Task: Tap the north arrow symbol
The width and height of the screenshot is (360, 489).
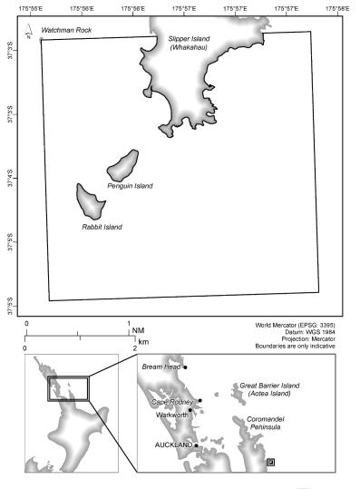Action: (x=28, y=36)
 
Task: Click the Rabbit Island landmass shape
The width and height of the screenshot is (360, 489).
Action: (x=90, y=199)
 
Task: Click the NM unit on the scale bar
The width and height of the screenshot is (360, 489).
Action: (x=139, y=332)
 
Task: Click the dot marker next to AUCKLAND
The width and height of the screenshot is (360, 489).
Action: (x=197, y=445)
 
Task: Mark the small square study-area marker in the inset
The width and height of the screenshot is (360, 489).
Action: (x=271, y=462)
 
